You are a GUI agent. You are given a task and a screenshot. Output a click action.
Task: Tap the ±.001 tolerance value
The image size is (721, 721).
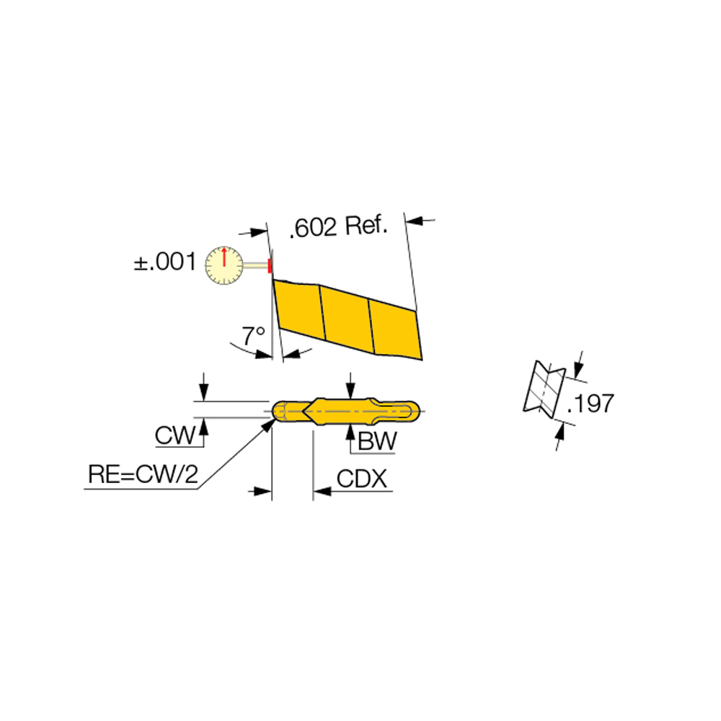tap(164, 261)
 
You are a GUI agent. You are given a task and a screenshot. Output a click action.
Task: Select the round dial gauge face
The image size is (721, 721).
tap(224, 265)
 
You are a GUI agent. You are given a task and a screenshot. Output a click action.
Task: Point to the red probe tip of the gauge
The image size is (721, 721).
tap(270, 265)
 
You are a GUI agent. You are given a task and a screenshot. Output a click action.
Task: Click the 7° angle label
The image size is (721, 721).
tap(253, 335)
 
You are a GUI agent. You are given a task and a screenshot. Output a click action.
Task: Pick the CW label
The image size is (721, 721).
tap(175, 435)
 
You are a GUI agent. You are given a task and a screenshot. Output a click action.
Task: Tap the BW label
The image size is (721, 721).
tap(376, 441)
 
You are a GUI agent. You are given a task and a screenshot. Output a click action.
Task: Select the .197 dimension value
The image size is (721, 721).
tap(590, 403)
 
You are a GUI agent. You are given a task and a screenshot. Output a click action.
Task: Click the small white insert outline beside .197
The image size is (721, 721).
tap(543, 389)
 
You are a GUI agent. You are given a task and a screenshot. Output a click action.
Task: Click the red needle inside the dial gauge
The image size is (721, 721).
tap(225, 257)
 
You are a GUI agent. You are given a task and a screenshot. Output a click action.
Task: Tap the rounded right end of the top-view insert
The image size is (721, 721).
tap(412, 411)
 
